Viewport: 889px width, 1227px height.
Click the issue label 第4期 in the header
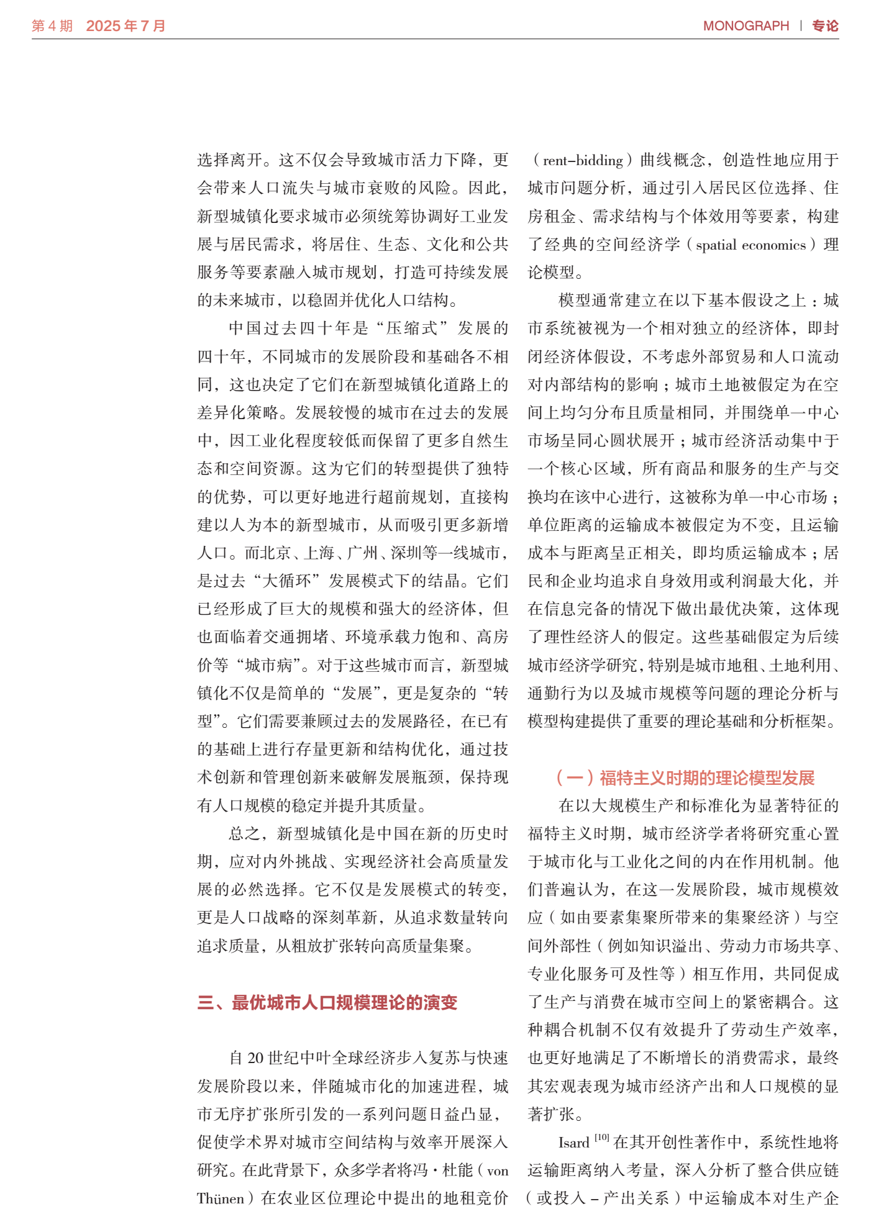pos(52,26)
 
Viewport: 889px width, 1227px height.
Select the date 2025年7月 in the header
pos(125,26)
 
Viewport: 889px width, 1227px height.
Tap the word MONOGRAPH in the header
pos(745,26)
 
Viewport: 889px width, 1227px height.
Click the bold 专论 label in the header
pos(825,26)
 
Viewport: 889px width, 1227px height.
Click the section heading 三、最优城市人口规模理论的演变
pos(327,1003)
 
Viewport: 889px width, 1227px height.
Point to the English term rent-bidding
pos(583,160)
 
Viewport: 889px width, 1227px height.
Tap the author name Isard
pos(573,1143)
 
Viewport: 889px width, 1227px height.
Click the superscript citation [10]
pos(601,1138)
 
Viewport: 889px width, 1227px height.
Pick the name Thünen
pos(221,1198)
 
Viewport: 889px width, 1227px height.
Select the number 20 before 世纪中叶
pos(255,1058)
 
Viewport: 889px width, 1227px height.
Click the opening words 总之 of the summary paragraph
pos(244,833)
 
